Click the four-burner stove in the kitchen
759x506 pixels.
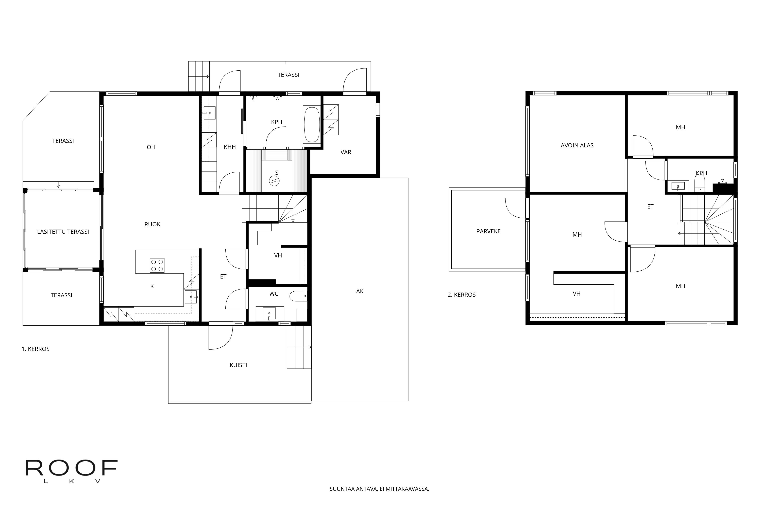coord(157,265)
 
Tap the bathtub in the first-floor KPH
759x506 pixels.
coord(311,125)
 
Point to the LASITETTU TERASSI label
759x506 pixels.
coord(63,232)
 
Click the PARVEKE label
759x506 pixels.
coord(488,231)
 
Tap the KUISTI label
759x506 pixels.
coord(238,365)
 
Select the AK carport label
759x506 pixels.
coord(360,291)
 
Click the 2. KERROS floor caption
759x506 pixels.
coord(461,295)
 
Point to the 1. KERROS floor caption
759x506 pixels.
coord(35,349)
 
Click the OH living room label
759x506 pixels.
coord(151,147)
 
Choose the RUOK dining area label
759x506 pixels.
coord(152,224)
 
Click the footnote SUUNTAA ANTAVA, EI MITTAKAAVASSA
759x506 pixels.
coord(379,489)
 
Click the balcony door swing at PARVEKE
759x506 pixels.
coord(516,208)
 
